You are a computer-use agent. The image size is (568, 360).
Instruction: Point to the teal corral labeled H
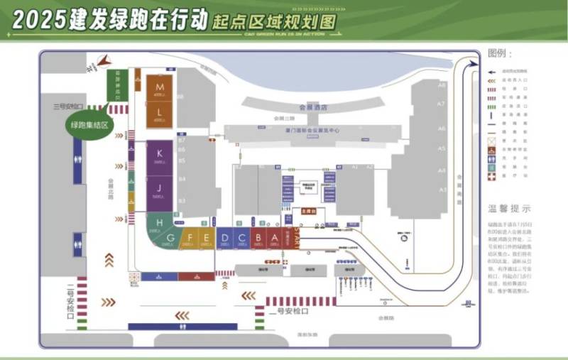160,224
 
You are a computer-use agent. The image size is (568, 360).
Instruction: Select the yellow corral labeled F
190,239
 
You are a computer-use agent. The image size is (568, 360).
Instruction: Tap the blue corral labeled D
224,239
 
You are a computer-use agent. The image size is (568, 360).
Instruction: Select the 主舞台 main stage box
308,211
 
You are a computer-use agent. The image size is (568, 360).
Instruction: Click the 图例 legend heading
500,54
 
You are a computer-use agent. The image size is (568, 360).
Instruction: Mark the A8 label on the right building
442,85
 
